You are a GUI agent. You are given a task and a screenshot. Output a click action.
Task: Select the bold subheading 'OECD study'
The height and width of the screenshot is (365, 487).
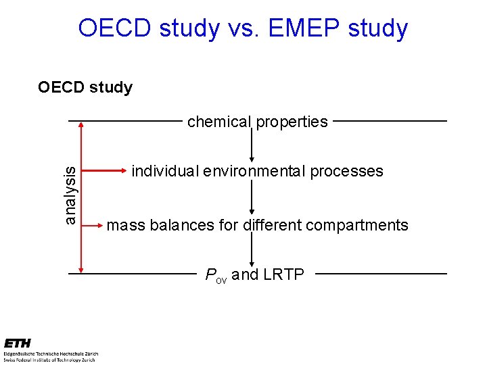tap(85, 87)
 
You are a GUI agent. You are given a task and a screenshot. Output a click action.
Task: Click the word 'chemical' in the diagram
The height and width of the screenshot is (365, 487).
tap(218, 122)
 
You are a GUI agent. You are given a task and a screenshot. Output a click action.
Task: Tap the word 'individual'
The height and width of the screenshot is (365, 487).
tap(163, 171)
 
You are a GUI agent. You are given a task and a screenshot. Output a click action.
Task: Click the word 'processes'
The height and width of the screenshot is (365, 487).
tap(346, 171)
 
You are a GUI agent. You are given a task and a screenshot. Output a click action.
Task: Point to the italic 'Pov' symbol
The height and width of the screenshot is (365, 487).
tap(216, 275)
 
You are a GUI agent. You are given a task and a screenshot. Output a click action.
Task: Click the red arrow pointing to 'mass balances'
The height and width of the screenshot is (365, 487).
tap(92, 225)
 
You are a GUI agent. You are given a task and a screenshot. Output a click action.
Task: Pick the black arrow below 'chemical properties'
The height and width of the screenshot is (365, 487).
tap(252, 145)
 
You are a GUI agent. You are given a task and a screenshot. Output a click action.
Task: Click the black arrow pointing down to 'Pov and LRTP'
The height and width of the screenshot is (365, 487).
tap(252, 251)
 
